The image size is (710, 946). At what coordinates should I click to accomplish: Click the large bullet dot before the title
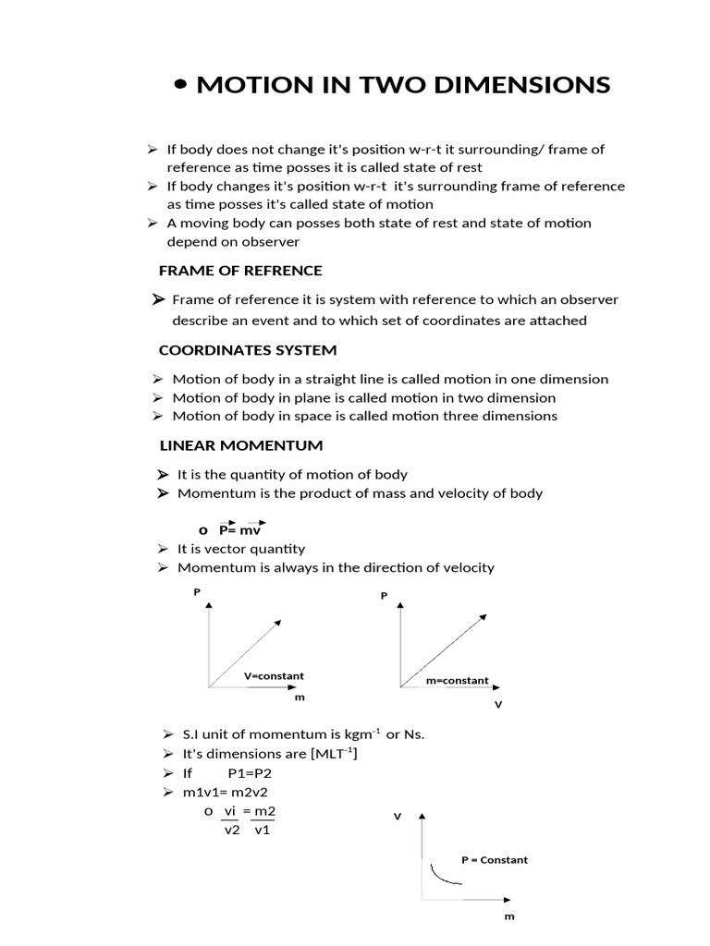click(x=181, y=85)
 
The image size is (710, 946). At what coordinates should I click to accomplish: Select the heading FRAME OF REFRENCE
click(x=240, y=271)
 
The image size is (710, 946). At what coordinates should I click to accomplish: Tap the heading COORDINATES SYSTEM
click(x=248, y=350)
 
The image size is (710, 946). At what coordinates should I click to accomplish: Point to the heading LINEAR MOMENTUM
click(x=241, y=445)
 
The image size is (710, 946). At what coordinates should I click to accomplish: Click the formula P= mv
click(x=241, y=530)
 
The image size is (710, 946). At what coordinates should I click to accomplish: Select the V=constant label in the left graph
click(x=274, y=676)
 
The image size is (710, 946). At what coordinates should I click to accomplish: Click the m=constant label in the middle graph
click(x=457, y=681)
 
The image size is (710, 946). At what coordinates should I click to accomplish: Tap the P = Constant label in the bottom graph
click(x=495, y=860)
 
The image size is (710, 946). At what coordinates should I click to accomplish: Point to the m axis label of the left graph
click(x=300, y=697)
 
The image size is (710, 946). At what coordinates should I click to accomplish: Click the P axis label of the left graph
click(x=197, y=591)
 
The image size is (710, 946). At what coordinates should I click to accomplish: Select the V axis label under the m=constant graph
click(x=498, y=705)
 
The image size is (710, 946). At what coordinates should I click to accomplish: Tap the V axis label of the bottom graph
click(x=398, y=817)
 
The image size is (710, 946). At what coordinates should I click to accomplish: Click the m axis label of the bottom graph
click(x=508, y=916)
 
